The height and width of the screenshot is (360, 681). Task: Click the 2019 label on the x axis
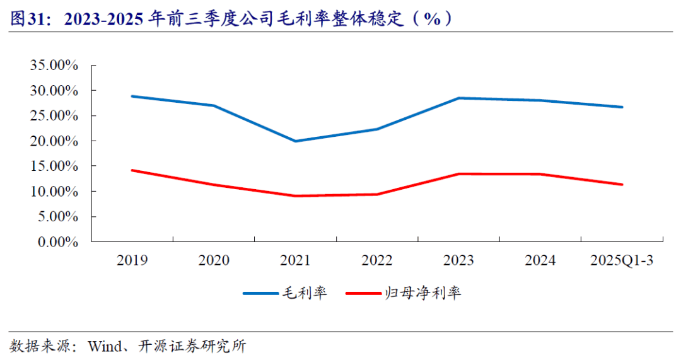click(x=132, y=260)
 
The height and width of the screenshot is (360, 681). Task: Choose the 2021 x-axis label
click(x=296, y=260)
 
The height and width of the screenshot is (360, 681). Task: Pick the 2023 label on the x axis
click(x=458, y=260)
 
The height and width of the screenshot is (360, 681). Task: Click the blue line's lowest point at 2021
click(x=296, y=141)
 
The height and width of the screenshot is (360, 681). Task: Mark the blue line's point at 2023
click(x=458, y=98)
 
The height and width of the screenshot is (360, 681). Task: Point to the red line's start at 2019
click(x=132, y=170)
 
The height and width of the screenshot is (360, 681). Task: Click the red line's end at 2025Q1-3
click(x=622, y=185)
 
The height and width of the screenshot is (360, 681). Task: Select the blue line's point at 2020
click(x=214, y=105)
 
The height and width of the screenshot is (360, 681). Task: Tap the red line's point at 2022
click(x=377, y=194)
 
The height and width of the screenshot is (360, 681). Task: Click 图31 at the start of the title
click(x=25, y=18)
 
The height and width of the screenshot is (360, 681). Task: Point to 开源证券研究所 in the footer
click(x=192, y=346)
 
